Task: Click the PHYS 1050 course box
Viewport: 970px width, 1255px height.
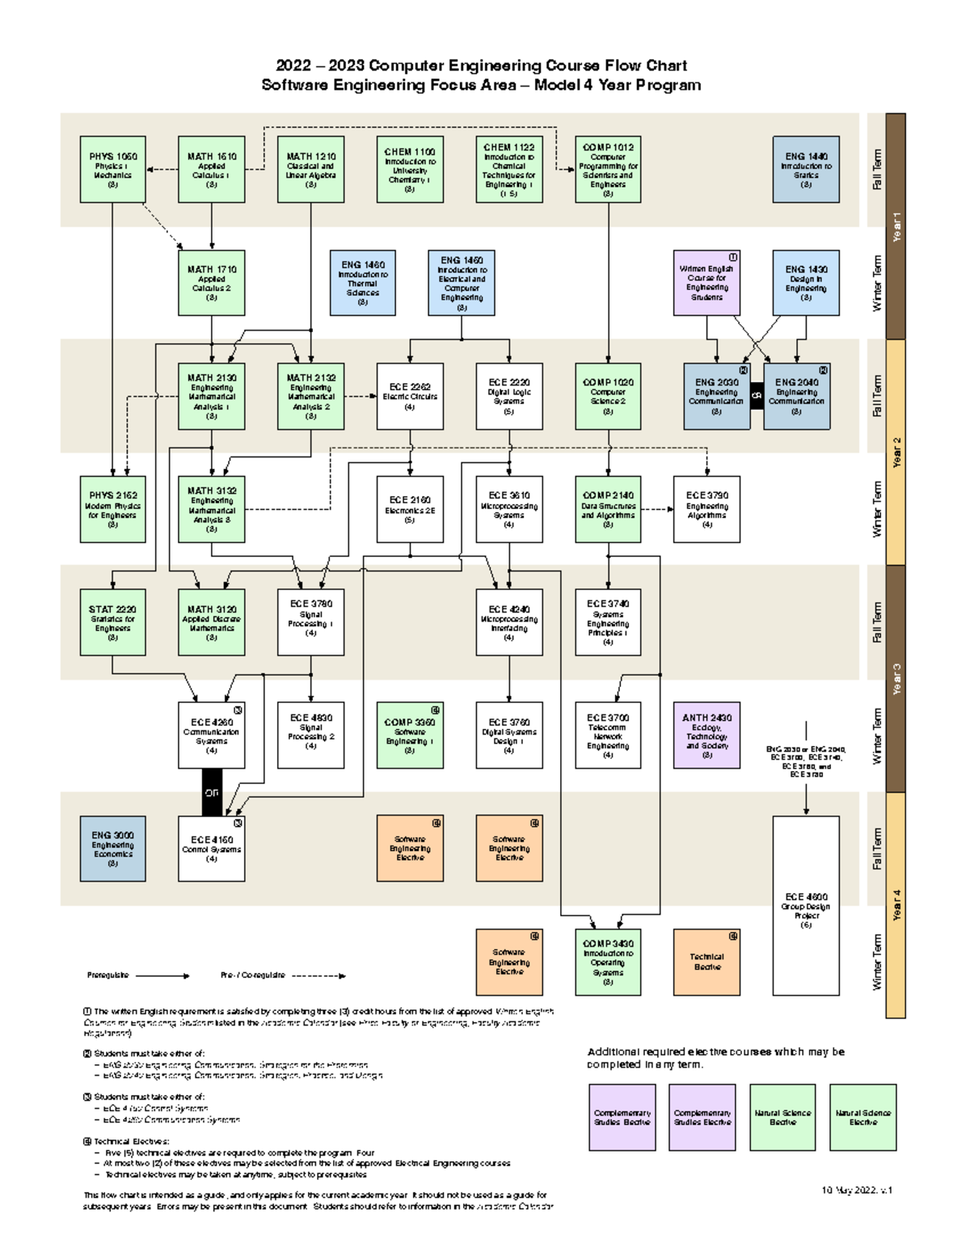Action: [112, 169]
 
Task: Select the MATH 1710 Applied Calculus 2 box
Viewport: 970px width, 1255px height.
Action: [211, 283]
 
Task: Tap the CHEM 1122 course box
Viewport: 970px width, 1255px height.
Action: [508, 169]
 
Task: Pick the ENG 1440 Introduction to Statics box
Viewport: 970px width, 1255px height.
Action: [805, 169]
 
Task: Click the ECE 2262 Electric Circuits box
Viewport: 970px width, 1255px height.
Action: [410, 396]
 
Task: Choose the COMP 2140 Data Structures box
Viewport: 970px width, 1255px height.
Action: [608, 509]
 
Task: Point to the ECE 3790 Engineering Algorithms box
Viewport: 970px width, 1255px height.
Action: [706, 509]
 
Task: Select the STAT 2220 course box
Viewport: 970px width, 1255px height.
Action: [112, 622]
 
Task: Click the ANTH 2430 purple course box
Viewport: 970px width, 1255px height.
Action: [706, 735]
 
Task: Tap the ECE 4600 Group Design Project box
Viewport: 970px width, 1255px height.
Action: [805, 905]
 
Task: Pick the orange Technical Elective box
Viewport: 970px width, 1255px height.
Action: [706, 962]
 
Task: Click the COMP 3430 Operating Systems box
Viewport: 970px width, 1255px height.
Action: [608, 962]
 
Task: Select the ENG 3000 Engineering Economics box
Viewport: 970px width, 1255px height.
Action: [112, 849]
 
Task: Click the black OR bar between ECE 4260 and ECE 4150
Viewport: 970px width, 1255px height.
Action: [212, 793]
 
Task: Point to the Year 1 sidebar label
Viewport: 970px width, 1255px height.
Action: [896, 226]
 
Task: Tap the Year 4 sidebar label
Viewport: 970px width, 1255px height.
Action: [896, 905]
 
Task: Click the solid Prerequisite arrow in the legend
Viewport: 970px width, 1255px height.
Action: [162, 975]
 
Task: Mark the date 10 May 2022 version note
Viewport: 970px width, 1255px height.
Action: [856, 1190]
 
